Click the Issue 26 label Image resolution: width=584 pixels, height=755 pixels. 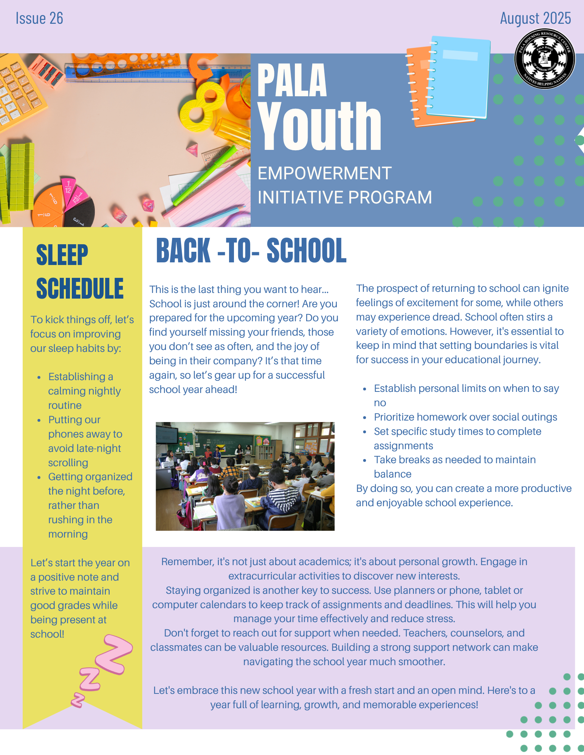tap(39, 18)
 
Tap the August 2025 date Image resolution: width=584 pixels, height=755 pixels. tap(535, 18)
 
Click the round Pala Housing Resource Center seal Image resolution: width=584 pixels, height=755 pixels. tap(545, 59)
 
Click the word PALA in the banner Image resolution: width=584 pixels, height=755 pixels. tap(292, 81)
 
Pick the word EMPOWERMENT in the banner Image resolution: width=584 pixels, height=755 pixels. tap(324, 173)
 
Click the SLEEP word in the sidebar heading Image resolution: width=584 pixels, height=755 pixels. tap(62, 255)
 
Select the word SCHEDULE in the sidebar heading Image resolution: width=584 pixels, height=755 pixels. tap(80, 288)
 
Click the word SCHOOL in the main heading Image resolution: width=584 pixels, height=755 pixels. tap(307, 251)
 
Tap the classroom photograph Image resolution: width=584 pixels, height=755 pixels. tap(245, 476)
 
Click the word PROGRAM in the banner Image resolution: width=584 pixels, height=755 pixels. tap(390, 197)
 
